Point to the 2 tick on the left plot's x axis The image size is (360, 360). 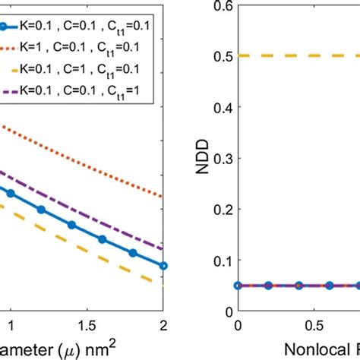pos(163,325)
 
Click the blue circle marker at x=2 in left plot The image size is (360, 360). pos(163,266)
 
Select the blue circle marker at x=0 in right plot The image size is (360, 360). pos(238,286)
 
